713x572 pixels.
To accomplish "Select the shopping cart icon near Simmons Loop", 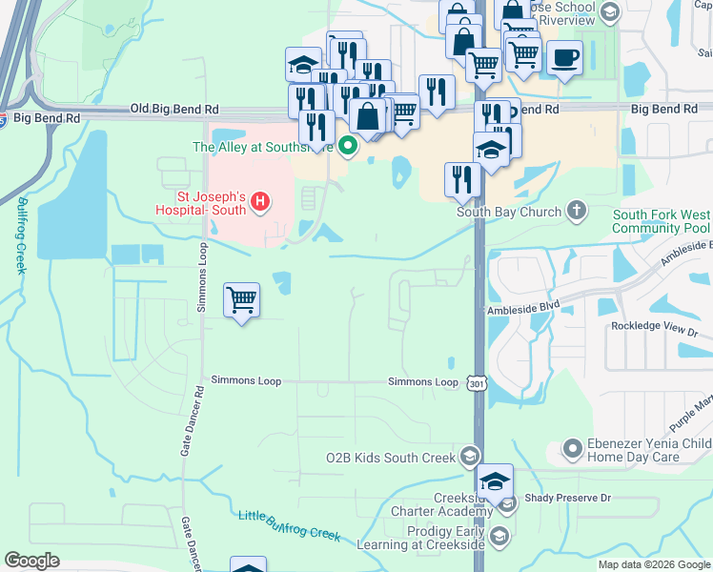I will tap(241, 300).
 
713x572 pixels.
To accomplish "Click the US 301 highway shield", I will tap(476, 383).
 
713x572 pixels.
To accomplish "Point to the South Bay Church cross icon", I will tap(576, 210).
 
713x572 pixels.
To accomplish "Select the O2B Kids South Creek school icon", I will tap(469, 457).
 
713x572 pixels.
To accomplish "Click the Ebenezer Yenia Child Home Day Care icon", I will tap(573, 446).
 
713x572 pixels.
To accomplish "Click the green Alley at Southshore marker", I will tap(348, 147).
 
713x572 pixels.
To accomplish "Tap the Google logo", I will tap(31, 561).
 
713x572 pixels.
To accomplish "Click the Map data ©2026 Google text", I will tap(653, 564).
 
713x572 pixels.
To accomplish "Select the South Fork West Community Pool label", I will tap(661, 222).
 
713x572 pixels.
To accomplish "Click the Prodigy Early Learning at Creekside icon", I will tap(499, 539).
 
